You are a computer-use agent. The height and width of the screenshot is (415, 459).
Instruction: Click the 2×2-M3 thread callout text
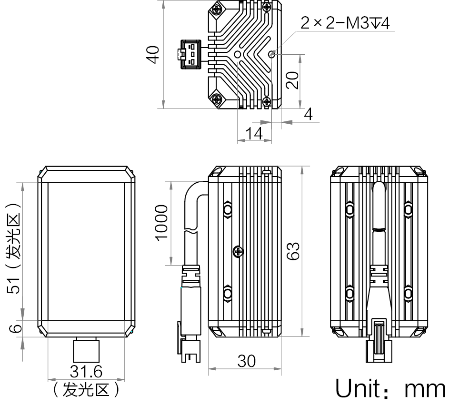(x=345, y=23)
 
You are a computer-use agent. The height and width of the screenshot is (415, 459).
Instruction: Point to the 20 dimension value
(x=294, y=79)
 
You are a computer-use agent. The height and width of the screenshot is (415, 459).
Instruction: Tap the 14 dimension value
(x=255, y=134)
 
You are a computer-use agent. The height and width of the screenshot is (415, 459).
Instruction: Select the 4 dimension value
(x=308, y=114)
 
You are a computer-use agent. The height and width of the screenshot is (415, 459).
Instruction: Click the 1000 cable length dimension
(x=161, y=222)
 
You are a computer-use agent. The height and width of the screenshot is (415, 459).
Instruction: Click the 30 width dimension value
(x=246, y=362)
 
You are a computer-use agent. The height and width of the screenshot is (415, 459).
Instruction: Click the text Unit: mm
(x=390, y=389)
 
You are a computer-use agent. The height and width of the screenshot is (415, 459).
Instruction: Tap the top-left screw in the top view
(x=218, y=9)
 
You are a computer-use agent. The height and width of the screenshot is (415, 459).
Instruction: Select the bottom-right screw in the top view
(x=267, y=101)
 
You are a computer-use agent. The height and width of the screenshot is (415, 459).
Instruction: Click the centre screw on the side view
(x=239, y=251)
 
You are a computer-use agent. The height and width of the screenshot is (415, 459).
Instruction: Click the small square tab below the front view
(x=86, y=351)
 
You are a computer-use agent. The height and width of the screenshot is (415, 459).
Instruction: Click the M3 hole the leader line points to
(x=271, y=54)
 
